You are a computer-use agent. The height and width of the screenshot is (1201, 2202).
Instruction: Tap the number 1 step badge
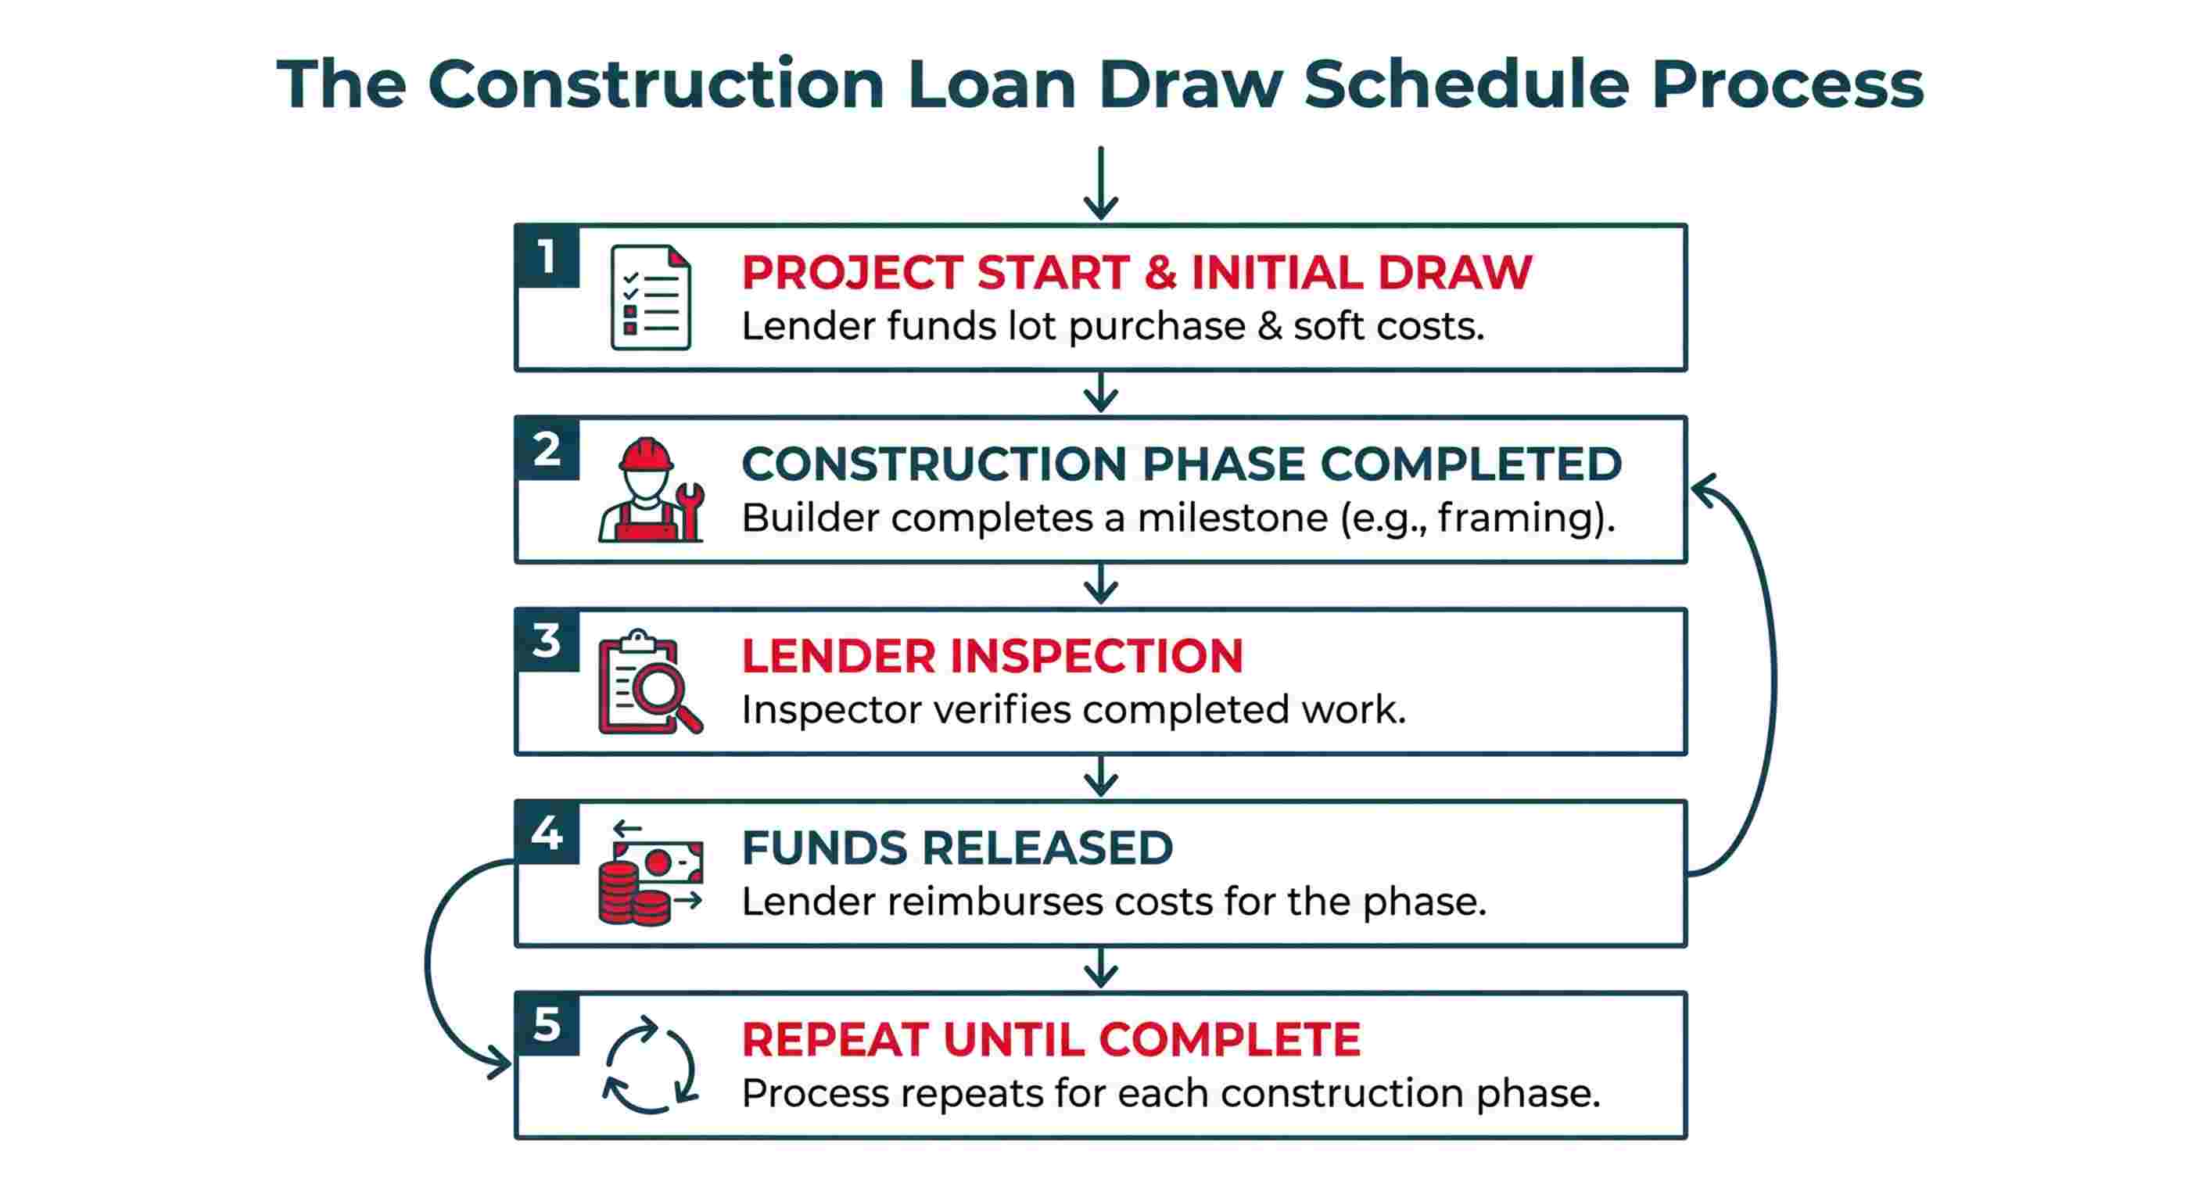click(547, 256)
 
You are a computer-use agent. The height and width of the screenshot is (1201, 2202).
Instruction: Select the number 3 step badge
click(547, 640)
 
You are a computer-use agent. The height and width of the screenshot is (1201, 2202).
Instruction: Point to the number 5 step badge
click(547, 1024)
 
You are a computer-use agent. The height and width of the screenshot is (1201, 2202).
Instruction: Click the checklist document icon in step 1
click(651, 297)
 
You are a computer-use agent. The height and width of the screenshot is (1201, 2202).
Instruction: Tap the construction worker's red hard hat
click(645, 455)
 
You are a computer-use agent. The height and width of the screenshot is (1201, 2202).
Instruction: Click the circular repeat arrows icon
click(651, 1065)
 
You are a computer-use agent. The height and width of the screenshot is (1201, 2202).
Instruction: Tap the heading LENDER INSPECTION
click(992, 657)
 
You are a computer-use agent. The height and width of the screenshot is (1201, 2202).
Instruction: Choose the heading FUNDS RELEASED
click(956, 848)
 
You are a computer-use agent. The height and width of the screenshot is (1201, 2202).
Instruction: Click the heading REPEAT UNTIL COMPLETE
click(1051, 1040)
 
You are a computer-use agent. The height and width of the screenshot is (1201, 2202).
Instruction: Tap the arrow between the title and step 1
click(1101, 184)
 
